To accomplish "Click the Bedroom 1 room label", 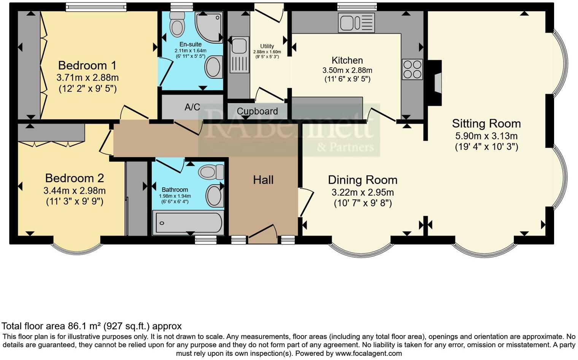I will [x=87, y=65].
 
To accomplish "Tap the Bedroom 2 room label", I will [x=75, y=178].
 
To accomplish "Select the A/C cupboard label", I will [x=192, y=107].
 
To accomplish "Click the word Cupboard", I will [x=257, y=111].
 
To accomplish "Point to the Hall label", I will [x=263, y=180].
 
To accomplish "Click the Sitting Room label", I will [x=486, y=123].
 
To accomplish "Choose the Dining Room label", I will [x=362, y=180].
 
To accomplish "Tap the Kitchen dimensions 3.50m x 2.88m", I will [x=347, y=70].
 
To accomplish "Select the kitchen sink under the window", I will [x=356, y=22].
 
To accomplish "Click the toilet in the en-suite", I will [x=176, y=23].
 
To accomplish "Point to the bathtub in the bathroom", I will [x=187, y=223].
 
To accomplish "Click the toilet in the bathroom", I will [x=211, y=172].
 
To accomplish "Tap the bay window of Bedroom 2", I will [x=77, y=248].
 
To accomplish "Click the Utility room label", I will [x=267, y=46].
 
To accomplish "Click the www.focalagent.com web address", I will [x=368, y=353].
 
